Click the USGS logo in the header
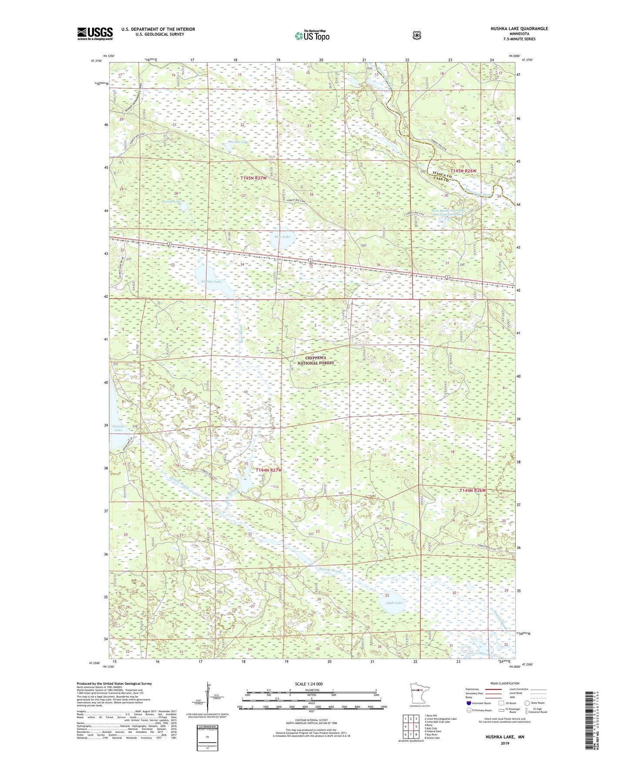pos(95,33)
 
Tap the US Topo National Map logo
pos(312,36)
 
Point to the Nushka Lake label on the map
pos(212,281)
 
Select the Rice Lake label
pos(282,236)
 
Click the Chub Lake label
pos(394,603)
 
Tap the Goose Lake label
pos(238,142)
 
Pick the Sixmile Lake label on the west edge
pos(118,428)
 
